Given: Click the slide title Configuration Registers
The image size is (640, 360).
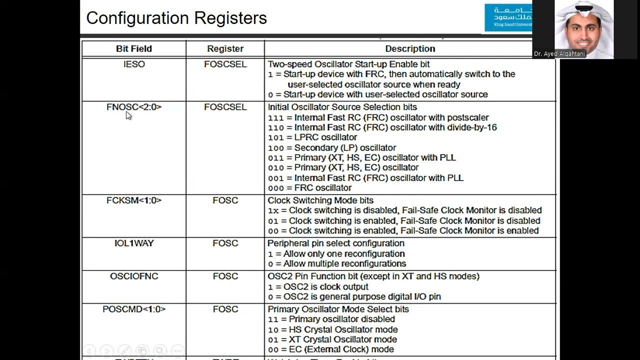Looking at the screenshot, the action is [x=176, y=18].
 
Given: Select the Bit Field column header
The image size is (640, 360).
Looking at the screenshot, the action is [x=133, y=48].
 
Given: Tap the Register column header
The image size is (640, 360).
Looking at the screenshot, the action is [x=225, y=48].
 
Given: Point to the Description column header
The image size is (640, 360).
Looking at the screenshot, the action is [x=410, y=48].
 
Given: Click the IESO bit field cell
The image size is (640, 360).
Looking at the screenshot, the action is [x=133, y=64].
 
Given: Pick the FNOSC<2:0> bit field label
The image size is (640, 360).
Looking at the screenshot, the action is [x=133, y=107].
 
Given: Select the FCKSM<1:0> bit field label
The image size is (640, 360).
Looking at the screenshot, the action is [x=133, y=200].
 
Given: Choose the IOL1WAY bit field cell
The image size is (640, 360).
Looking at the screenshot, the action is [x=133, y=243].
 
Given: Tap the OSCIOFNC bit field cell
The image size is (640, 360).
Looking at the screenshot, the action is [x=133, y=276].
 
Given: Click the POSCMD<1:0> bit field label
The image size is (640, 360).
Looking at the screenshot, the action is [x=133, y=309].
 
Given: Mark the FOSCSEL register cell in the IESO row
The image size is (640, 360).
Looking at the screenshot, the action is [x=225, y=64].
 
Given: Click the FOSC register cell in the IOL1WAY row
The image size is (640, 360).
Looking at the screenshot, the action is [x=225, y=243].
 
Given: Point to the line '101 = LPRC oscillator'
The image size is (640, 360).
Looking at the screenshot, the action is [x=312, y=137].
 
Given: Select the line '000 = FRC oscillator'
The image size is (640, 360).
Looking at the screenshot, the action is [x=309, y=188].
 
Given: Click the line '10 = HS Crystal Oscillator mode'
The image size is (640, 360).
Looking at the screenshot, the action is [x=332, y=329].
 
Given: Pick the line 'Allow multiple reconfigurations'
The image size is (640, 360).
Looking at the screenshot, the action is [x=344, y=263].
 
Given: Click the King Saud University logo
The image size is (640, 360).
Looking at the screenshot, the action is [x=507, y=17].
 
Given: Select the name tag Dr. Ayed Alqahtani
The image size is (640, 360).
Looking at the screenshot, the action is [x=559, y=53].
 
